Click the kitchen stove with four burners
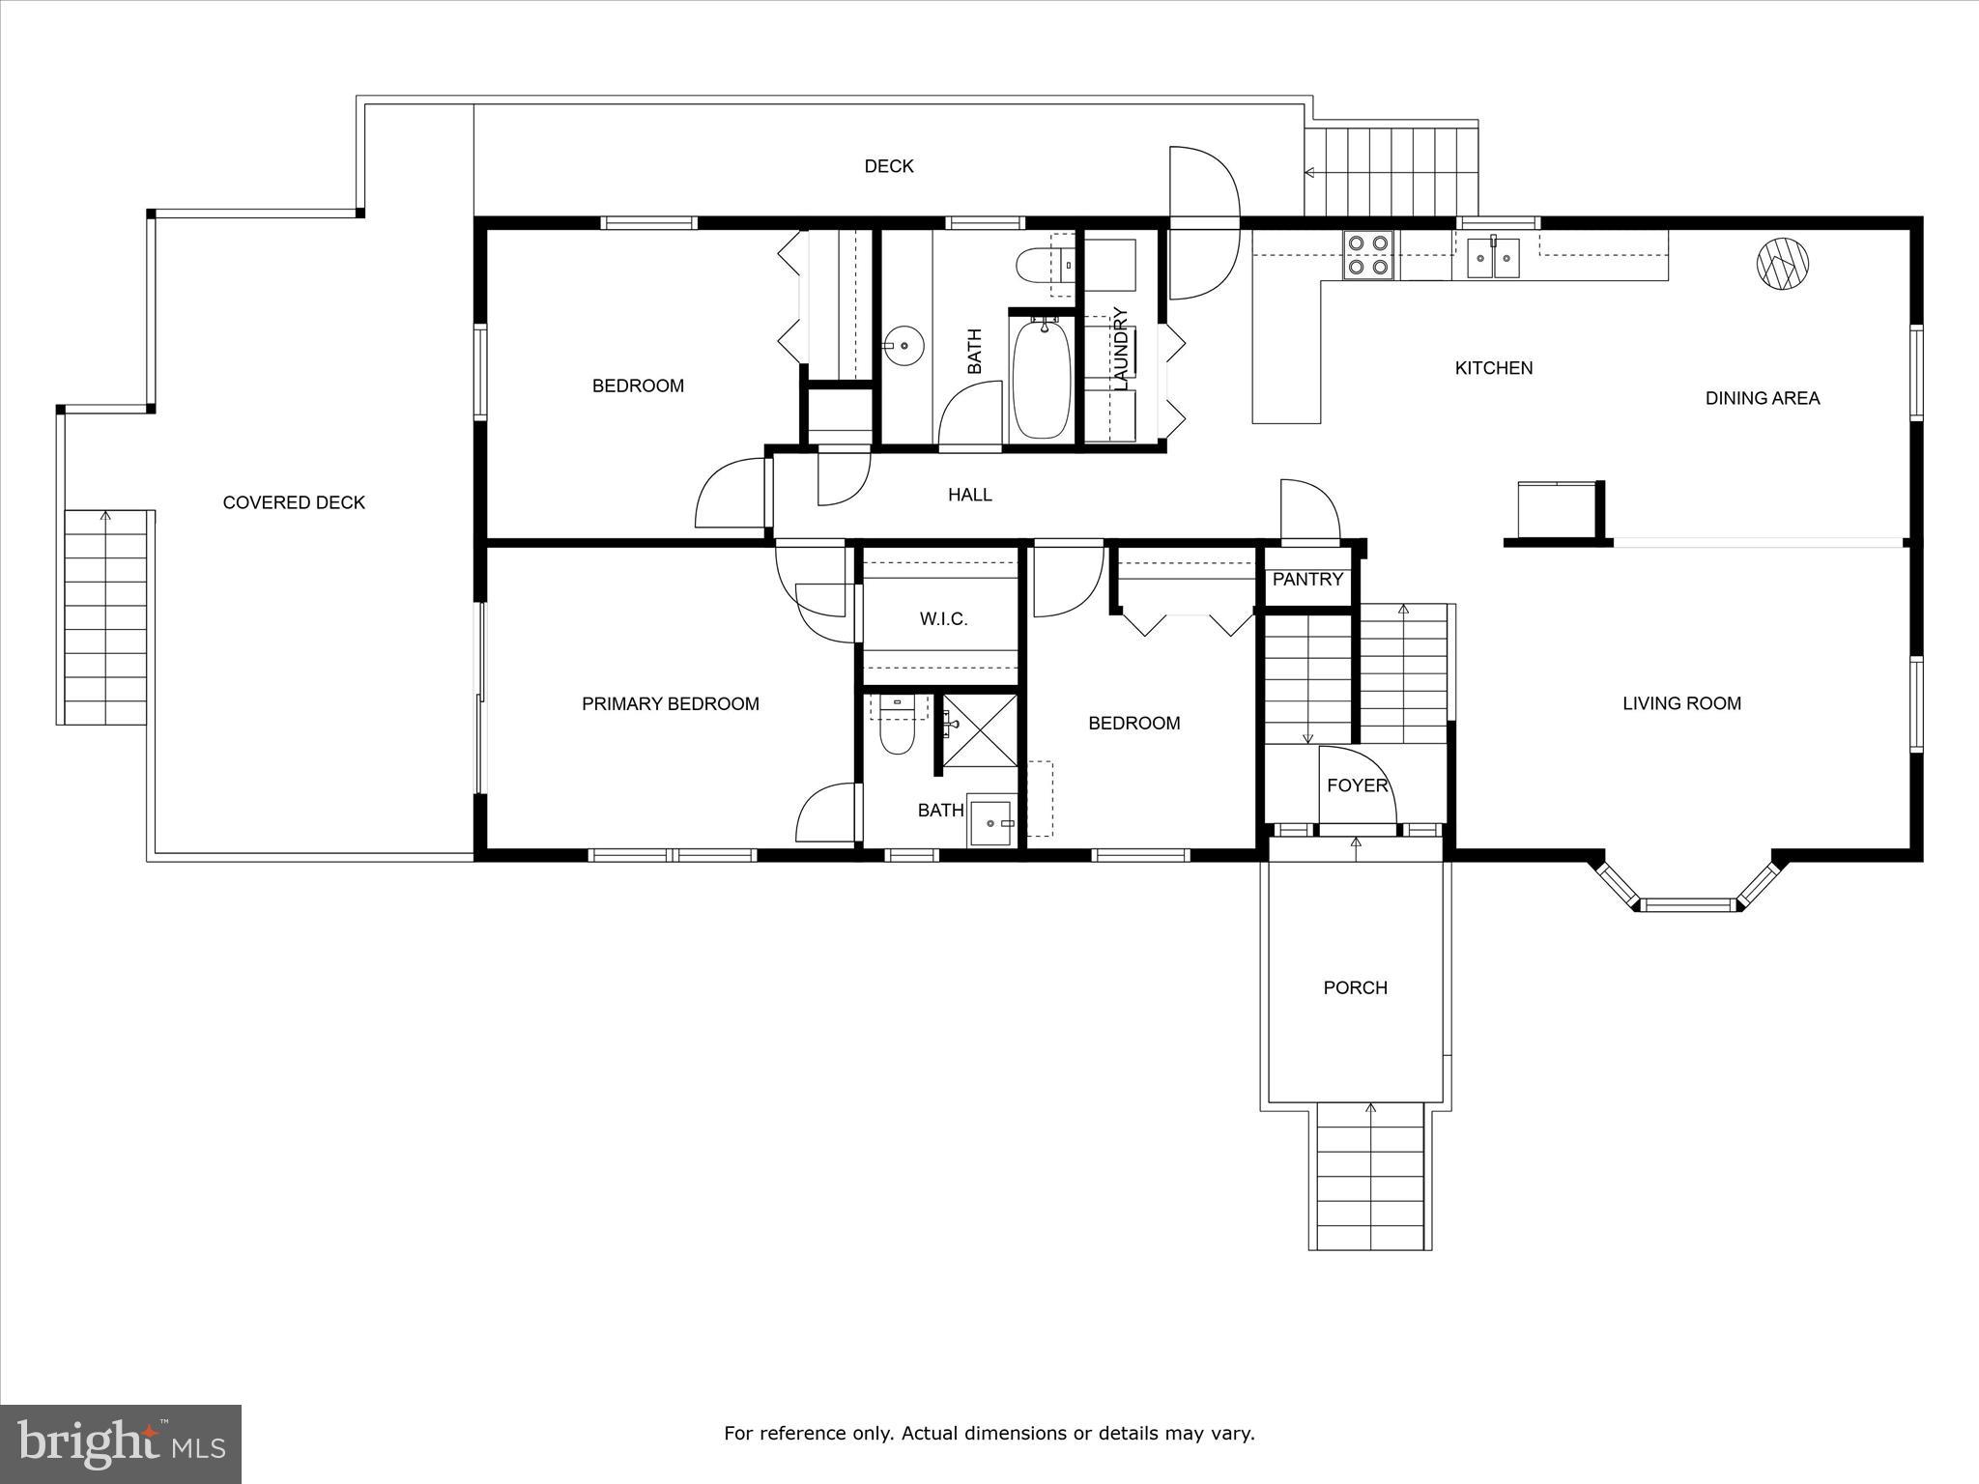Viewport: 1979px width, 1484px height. click(1367, 256)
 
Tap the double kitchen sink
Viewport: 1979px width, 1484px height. click(1494, 257)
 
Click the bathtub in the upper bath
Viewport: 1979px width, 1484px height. click(1041, 379)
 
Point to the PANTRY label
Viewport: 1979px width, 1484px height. click(1307, 580)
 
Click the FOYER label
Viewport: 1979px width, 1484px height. click(1357, 786)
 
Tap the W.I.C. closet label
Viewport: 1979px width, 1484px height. click(943, 619)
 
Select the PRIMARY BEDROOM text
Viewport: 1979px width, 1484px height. click(670, 704)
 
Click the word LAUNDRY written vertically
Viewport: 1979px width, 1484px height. click(1121, 349)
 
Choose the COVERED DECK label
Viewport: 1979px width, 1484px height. click(294, 502)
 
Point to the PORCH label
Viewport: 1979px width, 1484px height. click(1355, 987)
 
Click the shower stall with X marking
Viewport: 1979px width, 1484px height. click(980, 729)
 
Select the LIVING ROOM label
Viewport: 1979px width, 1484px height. click(1681, 704)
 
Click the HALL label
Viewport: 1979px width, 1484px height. click(969, 496)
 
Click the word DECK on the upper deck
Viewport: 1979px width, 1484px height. click(888, 167)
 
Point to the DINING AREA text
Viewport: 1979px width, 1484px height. click(1762, 398)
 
